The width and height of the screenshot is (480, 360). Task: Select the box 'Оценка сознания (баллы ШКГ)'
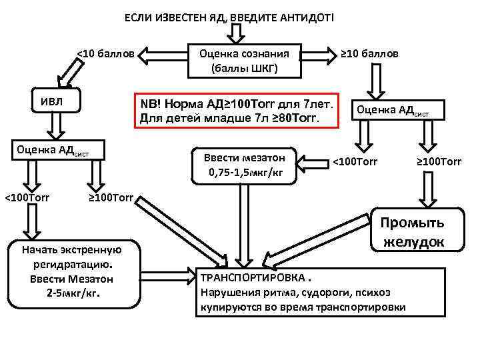[244, 61]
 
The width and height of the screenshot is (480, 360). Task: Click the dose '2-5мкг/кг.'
[72, 293]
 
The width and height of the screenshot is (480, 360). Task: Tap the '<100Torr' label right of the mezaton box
[355, 161]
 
